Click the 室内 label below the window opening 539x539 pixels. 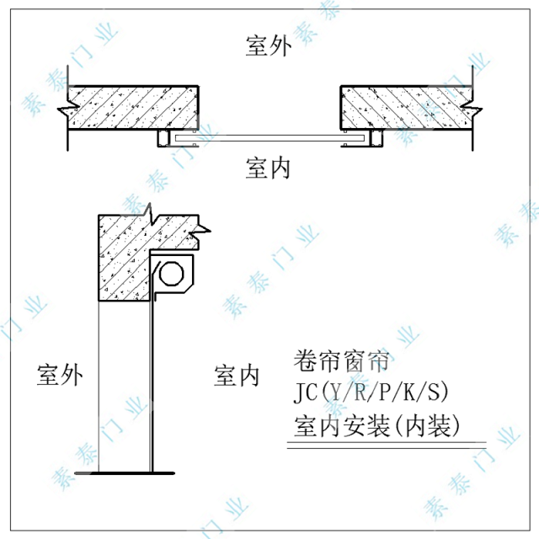point(269,168)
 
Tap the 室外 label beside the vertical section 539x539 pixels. point(61,376)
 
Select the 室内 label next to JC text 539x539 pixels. point(237,376)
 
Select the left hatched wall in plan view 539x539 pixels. point(135,107)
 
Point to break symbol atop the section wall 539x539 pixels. point(148,210)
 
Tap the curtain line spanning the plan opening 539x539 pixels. point(269,136)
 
